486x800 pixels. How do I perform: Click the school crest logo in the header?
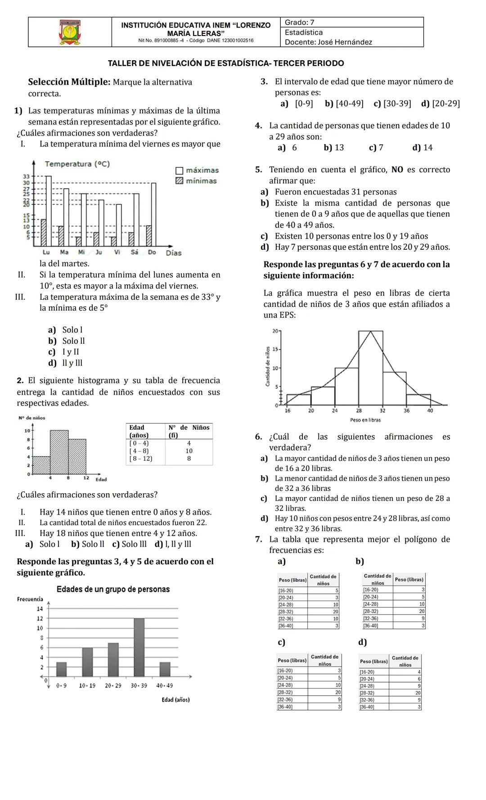click(x=70, y=32)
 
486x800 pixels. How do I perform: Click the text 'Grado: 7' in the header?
click(x=299, y=22)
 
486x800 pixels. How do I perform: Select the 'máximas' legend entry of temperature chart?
click(x=197, y=170)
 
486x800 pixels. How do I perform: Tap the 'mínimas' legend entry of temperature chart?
click(x=197, y=181)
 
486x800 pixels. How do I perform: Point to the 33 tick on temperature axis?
click(x=26, y=176)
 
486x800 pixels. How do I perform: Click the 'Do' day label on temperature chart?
click(x=152, y=252)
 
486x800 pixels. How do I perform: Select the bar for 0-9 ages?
click(x=61, y=669)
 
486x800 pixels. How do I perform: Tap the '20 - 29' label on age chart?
click(x=113, y=686)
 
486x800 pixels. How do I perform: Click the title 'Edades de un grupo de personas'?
click(x=113, y=589)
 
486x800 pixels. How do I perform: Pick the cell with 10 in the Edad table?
click(x=189, y=451)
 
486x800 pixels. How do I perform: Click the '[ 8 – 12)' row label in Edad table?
click(x=140, y=458)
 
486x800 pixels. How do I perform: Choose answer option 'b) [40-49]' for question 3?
click(x=344, y=104)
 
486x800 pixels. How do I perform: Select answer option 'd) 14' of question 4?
click(x=422, y=148)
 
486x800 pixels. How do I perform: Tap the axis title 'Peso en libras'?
click(x=365, y=420)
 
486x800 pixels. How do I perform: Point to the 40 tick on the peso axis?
click(x=430, y=410)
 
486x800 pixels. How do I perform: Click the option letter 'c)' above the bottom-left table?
click(x=281, y=642)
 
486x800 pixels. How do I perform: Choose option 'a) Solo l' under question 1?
click(x=65, y=330)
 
